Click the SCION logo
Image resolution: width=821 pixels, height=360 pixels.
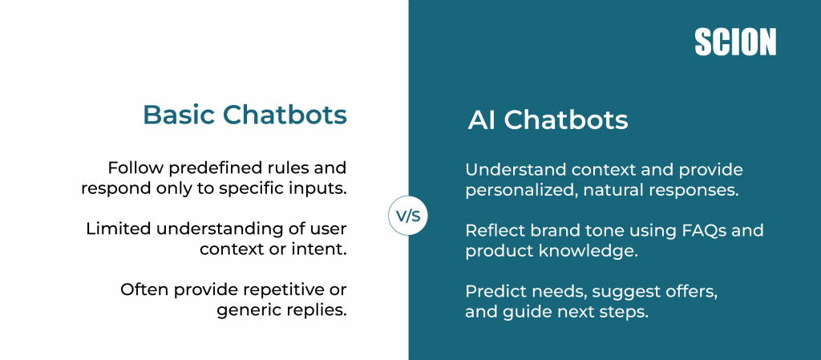point(734,42)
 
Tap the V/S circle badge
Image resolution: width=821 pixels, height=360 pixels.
point(408,216)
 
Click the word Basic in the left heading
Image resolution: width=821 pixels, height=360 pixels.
point(178,115)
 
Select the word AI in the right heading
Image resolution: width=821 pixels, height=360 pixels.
point(482,120)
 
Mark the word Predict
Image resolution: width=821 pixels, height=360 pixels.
point(492,292)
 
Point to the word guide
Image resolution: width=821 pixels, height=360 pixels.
point(521,312)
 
